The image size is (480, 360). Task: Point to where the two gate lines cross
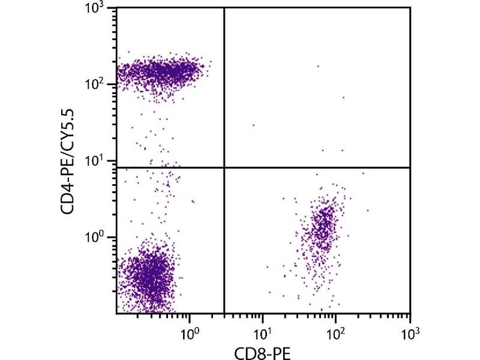224,167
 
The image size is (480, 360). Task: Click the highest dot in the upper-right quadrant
318,66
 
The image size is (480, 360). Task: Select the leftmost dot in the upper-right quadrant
253,125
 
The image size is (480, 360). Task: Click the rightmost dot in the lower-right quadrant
368,210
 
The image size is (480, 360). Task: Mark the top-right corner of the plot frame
410,8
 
